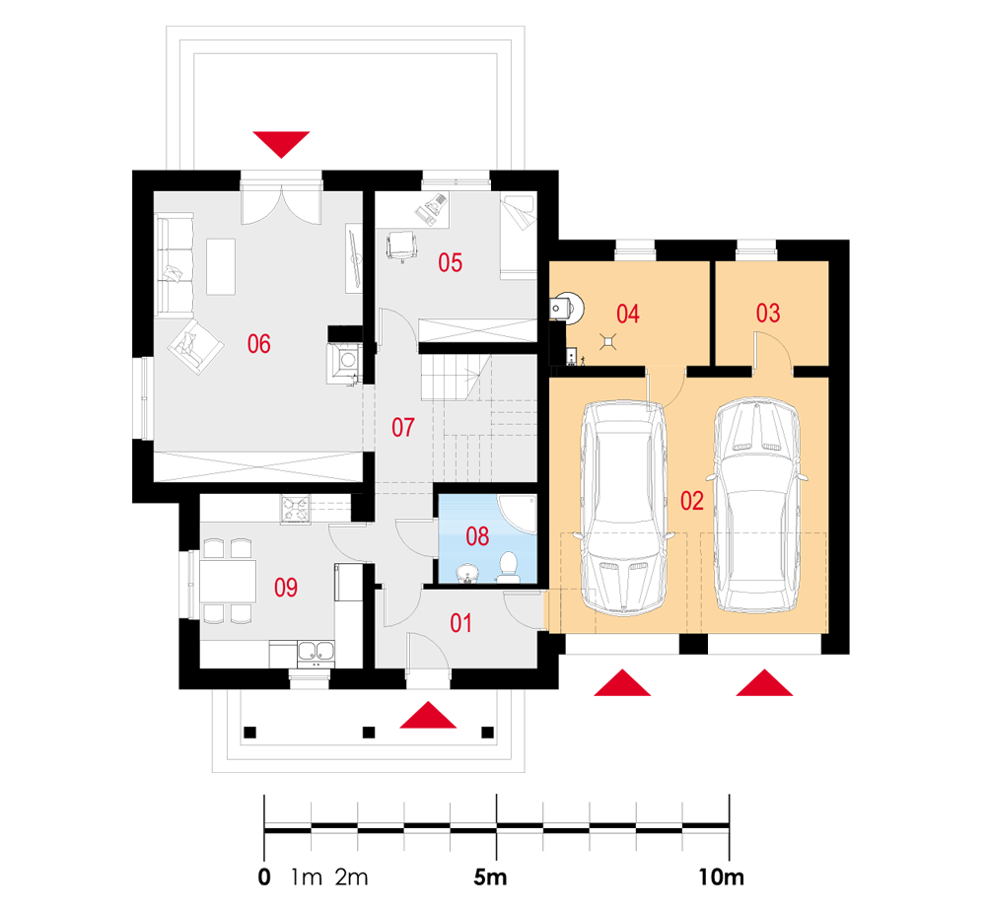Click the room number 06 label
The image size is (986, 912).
(x=259, y=344)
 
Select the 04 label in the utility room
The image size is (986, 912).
(x=628, y=315)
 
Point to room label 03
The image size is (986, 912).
(x=768, y=315)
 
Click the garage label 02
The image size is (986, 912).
(x=691, y=501)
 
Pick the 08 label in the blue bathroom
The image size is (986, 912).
(x=477, y=536)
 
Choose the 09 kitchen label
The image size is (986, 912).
(x=286, y=589)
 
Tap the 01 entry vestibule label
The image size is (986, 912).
(x=461, y=623)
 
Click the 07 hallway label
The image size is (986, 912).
(x=403, y=428)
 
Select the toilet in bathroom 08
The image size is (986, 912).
(x=509, y=566)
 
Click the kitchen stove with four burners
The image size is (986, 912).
(x=296, y=509)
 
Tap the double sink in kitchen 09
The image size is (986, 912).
(x=317, y=651)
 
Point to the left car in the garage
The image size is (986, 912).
(x=623, y=508)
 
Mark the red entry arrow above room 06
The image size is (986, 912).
(x=281, y=143)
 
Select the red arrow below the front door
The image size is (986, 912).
(x=428, y=715)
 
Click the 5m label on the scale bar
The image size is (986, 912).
(x=490, y=877)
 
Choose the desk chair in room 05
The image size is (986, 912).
(x=401, y=246)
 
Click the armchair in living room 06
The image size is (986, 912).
(x=194, y=347)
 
